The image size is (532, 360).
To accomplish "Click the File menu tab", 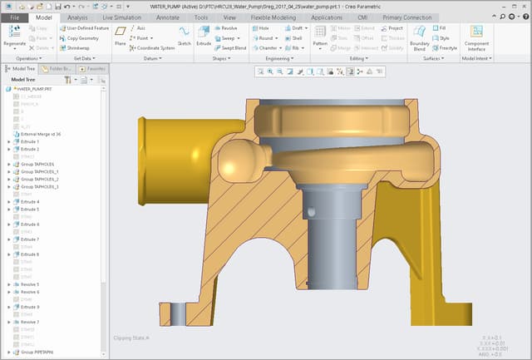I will pos(14,17).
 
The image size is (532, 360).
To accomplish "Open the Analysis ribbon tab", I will pos(76,17).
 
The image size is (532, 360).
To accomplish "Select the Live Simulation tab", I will pos(121,17).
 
